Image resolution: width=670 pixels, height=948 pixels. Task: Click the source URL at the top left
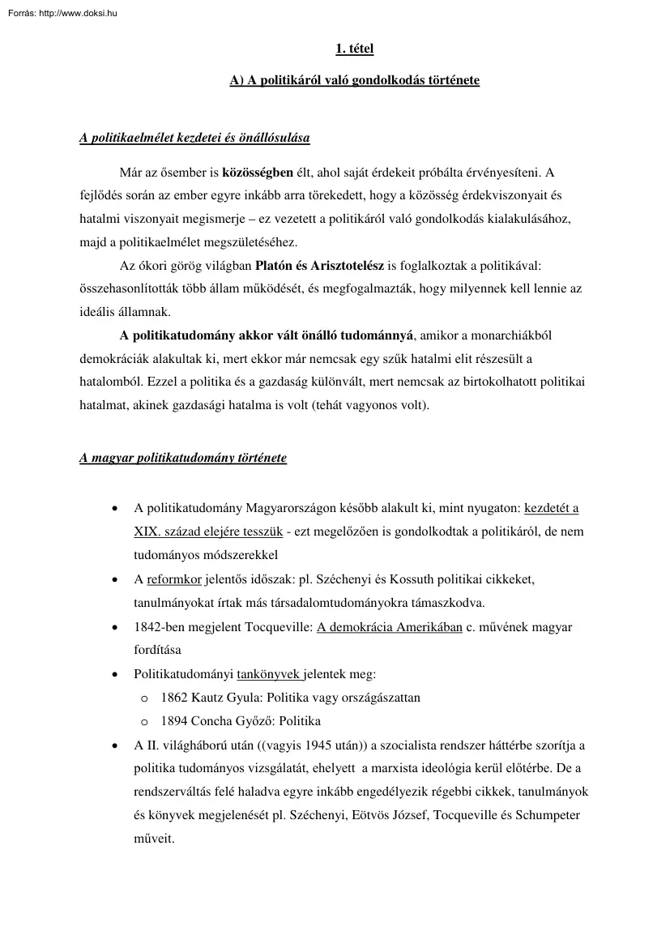click(61, 12)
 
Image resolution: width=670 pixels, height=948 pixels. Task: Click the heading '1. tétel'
click(354, 49)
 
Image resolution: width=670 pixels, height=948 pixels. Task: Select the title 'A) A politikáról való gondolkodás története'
click(354, 81)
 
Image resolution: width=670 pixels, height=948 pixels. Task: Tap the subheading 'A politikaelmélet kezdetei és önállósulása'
click(194, 138)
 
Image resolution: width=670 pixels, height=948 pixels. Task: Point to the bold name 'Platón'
click(274, 265)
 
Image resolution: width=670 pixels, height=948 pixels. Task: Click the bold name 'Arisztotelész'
click(353, 265)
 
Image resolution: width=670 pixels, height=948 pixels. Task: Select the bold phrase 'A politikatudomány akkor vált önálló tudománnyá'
click(267, 335)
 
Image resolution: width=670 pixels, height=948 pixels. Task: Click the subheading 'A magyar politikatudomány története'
click(183, 458)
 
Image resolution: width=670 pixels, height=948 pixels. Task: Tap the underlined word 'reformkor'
click(173, 580)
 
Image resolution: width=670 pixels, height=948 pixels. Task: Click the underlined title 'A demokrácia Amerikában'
click(389, 627)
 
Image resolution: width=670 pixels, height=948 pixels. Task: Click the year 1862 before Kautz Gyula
click(175, 697)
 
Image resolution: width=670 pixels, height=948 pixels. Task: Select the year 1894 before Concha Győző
click(175, 721)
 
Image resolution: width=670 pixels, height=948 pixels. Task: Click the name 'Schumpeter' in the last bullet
click(551, 814)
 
